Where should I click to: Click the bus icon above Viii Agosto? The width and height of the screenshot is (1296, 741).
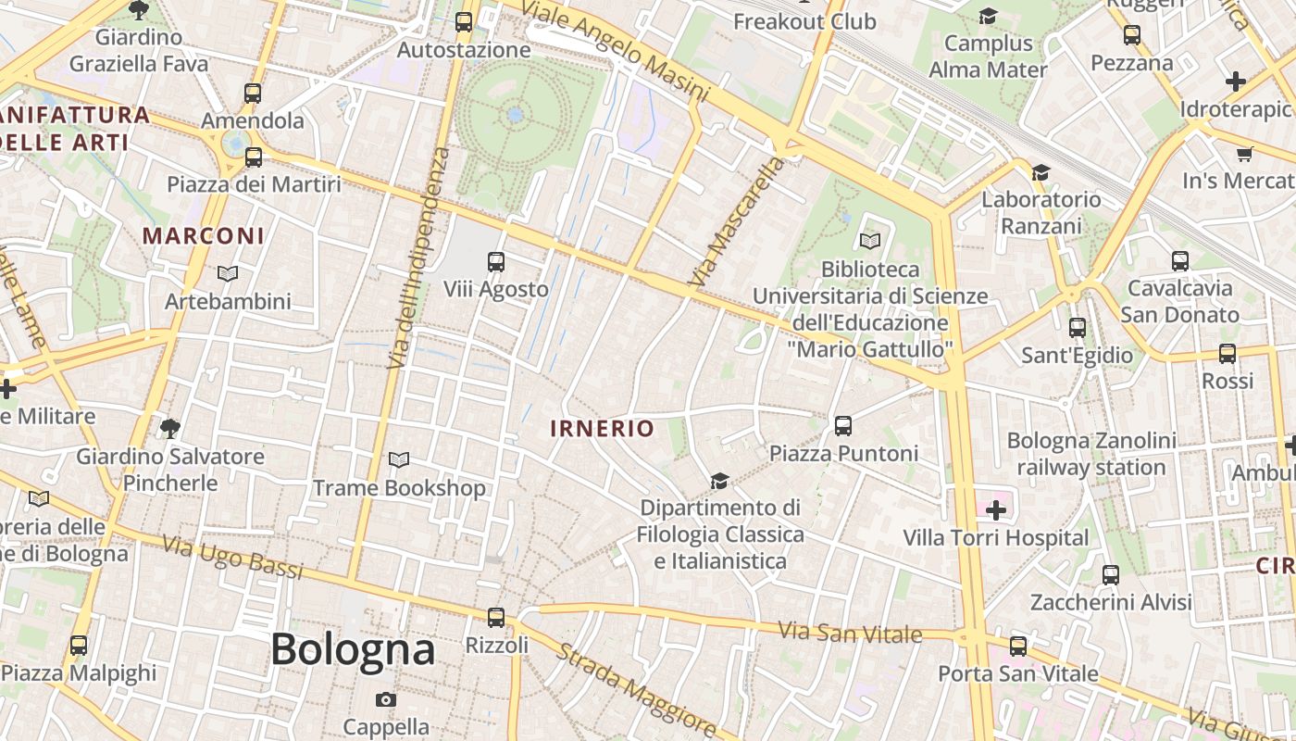point(496,262)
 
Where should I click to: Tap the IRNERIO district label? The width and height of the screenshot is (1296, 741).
point(603,429)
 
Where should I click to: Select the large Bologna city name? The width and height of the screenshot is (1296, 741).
point(353,649)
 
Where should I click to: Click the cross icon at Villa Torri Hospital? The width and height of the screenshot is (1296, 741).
point(996,510)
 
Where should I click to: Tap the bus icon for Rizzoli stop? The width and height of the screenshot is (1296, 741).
point(496,617)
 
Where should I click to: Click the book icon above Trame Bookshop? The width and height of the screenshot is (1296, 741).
point(399,459)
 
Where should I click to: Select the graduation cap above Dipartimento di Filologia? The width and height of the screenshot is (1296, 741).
point(719,481)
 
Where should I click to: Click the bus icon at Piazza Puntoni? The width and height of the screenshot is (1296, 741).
point(842,426)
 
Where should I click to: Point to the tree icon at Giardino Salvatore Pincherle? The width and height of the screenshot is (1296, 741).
point(169,428)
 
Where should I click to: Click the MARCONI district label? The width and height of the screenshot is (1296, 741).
point(204,236)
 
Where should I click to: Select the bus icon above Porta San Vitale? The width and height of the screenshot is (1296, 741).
point(1018,646)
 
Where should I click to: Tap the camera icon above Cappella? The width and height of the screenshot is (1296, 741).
point(386,699)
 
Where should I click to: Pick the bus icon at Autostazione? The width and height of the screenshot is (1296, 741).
point(464,22)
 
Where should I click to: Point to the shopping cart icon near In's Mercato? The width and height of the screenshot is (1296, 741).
point(1244,154)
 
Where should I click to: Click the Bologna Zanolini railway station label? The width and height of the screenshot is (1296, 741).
point(1091,454)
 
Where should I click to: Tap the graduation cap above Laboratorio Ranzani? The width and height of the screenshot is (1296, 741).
point(1041,172)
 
